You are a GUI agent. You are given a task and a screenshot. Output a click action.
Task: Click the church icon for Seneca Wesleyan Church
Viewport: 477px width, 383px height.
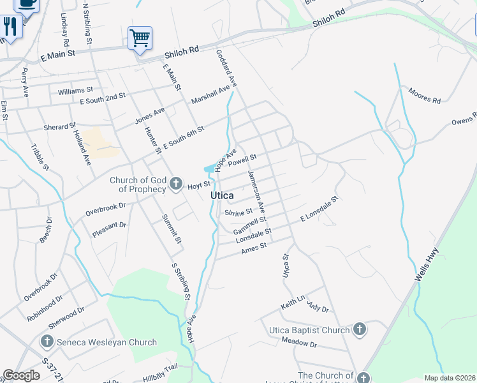point(47,342)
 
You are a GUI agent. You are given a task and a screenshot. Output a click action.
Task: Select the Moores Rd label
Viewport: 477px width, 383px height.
point(425,96)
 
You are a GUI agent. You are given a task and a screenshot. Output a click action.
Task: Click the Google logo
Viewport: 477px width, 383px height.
point(21,375)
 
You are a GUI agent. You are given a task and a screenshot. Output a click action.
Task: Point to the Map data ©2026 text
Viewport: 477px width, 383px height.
point(449,378)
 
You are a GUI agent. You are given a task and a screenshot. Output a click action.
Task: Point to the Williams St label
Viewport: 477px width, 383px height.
point(75,91)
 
